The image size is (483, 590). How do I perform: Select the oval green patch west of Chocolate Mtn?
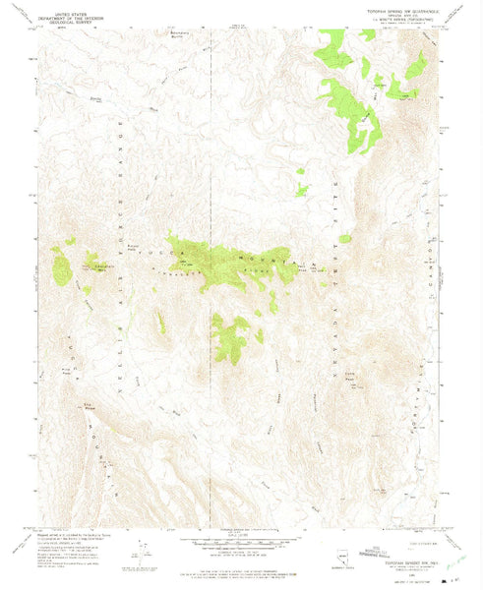(61, 266)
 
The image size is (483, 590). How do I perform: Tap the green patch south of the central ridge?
(232, 339)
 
